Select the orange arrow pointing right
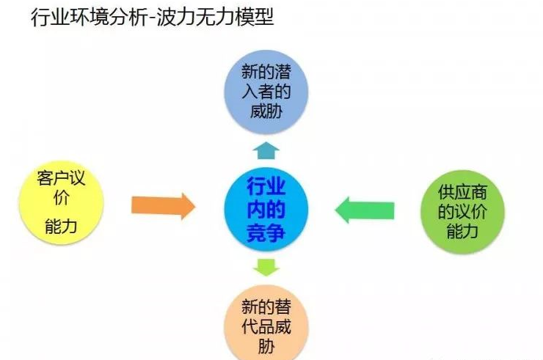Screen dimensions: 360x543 (x=164, y=206)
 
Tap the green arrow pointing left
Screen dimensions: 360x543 (x=365, y=210)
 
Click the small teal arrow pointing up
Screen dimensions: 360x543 (x=266, y=150)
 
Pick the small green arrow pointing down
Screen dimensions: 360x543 (x=266, y=266)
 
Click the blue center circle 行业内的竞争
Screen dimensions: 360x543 (x=266, y=208)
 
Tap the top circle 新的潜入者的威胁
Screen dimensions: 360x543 (x=266, y=91)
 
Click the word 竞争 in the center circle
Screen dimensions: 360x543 (x=266, y=234)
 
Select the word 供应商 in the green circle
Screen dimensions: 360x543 (x=462, y=193)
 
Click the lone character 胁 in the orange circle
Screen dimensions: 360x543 (x=266, y=345)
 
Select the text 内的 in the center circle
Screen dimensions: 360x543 (x=266, y=209)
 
